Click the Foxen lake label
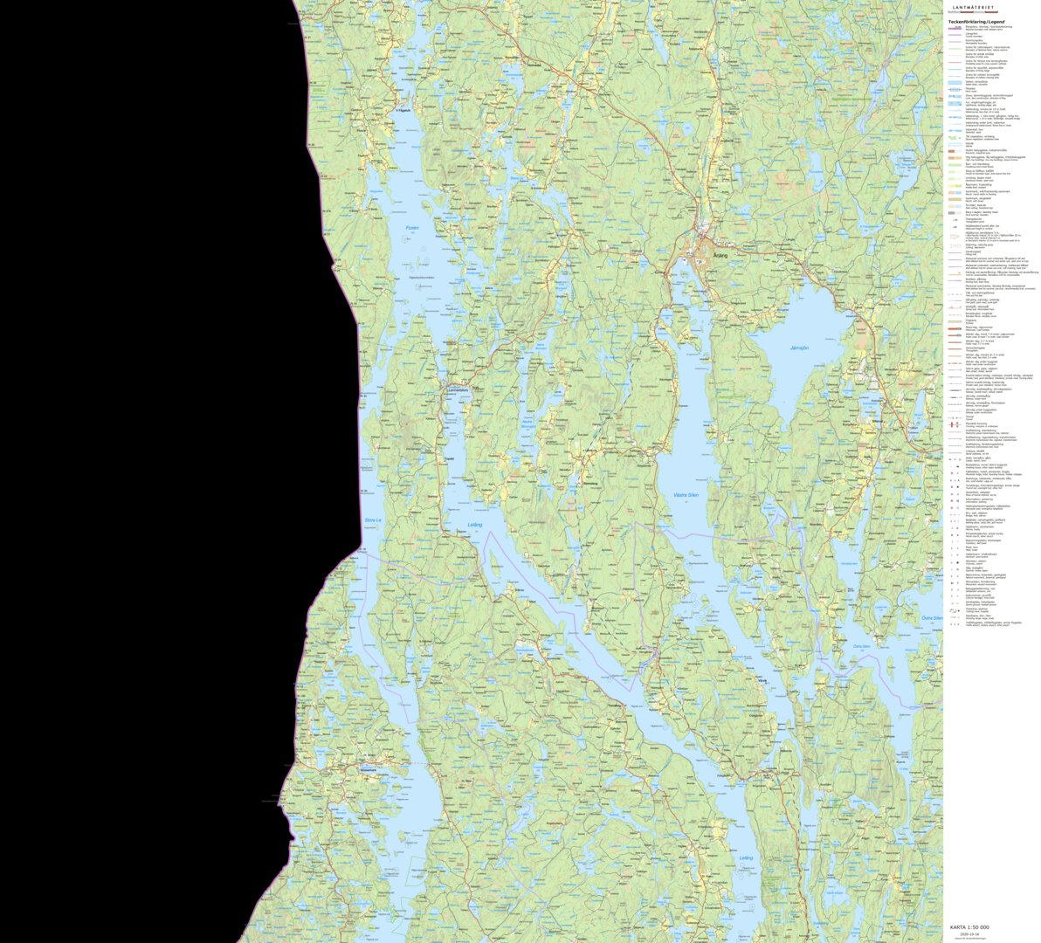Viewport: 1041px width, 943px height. click(412, 229)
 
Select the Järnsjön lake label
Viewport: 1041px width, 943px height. click(799, 348)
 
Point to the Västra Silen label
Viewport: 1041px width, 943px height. click(686, 495)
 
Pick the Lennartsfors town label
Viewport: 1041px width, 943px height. click(458, 389)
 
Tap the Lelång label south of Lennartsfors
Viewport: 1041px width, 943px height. click(474, 525)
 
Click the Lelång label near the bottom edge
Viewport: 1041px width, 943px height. click(745, 857)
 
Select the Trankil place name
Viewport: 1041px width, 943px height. click(451, 458)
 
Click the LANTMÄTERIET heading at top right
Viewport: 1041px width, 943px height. click(991, 7)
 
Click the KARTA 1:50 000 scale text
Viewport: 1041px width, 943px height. click(969, 927)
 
